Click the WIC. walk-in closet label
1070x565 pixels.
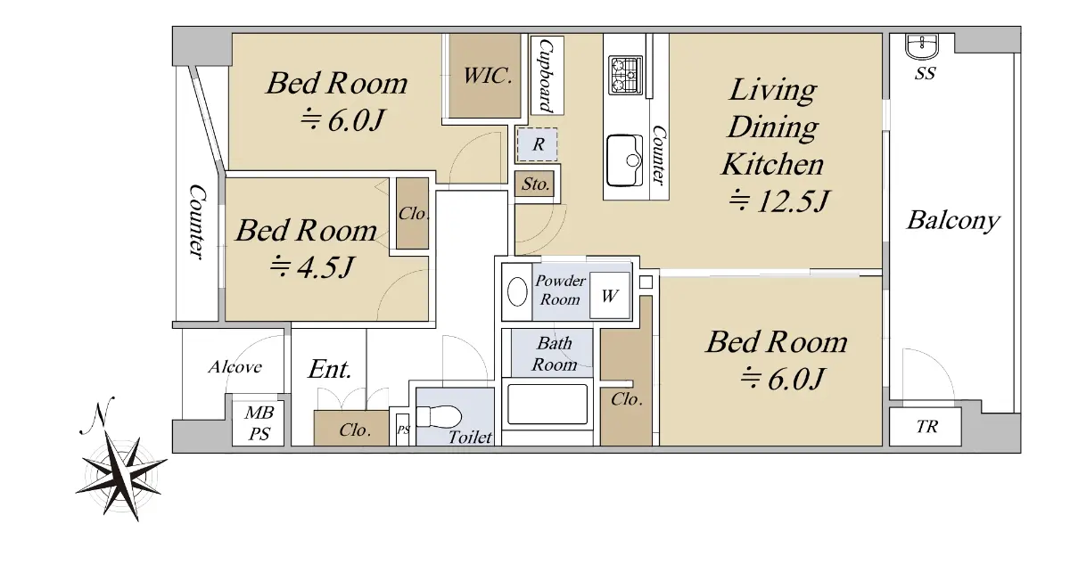click(x=487, y=76)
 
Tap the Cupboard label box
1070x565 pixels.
click(x=547, y=76)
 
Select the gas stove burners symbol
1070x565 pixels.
click(x=625, y=76)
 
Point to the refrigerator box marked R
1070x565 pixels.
click(x=538, y=144)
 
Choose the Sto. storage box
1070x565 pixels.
click(x=534, y=184)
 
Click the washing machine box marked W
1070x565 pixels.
click(x=610, y=296)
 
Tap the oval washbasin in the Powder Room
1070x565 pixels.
click(x=517, y=291)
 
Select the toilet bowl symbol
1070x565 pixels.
click(x=439, y=416)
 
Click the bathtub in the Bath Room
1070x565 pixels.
click(x=547, y=404)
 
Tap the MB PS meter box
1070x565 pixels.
click(x=258, y=422)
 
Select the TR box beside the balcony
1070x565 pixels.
click(x=926, y=427)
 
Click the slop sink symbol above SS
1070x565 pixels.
click(x=922, y=46)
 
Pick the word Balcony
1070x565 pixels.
click(x=953, y=221)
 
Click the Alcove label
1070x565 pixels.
click(x=235, y=367)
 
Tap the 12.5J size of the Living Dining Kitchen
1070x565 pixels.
click(x=779, y=201)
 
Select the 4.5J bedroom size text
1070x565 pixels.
click(x=312, y=266)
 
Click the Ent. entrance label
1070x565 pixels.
click(x=330, y=369)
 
